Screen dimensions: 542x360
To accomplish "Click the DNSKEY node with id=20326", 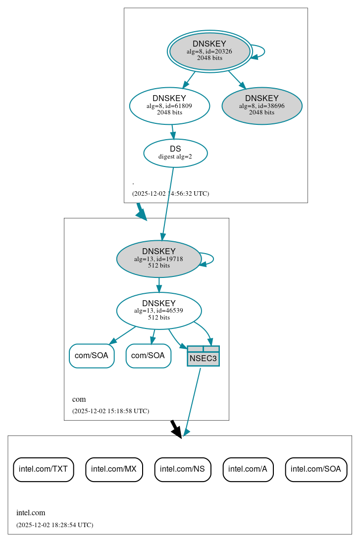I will point(209,51).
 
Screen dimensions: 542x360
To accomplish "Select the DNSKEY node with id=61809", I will point(169,106).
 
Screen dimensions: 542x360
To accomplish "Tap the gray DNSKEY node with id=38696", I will point(262,106).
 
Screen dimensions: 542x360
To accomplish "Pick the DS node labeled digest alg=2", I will point(175,153).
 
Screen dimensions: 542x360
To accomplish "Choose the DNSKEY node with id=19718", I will point(159,259).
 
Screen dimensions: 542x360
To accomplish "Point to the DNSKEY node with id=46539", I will point(159,311).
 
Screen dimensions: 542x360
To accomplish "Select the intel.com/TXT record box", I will point(44,469).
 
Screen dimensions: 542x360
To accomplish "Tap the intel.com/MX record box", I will point(114,469).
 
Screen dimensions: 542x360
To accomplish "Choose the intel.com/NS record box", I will point(183,469).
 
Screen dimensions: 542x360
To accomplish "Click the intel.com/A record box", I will point(248,469).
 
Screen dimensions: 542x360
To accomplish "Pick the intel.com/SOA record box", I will point(316,469).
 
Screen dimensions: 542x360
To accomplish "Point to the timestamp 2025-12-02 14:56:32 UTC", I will point(170,193).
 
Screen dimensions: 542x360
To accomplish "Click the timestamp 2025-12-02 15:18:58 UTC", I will point(110,411).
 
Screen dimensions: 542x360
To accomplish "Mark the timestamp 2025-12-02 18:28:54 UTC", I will point(54,525).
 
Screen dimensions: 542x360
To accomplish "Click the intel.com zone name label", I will point(31,513).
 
